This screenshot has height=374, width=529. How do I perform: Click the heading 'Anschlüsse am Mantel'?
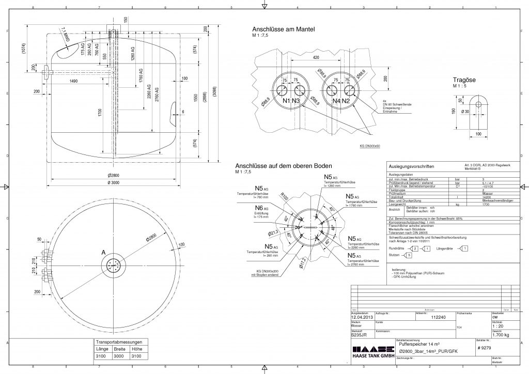(x=283, y=29)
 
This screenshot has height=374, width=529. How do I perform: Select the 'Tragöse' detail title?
(x=464, y=80)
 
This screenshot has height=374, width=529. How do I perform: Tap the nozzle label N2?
(x=346, y=100)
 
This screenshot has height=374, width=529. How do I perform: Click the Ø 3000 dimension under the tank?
(x=114, y=182)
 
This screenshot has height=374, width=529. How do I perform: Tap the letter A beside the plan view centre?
(x=103, y=252)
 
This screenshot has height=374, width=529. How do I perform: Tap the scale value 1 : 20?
(x=499, y=326)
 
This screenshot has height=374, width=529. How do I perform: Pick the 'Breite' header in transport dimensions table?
(x=119, y=349)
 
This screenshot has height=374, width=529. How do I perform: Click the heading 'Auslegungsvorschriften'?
(x=412, y=167)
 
